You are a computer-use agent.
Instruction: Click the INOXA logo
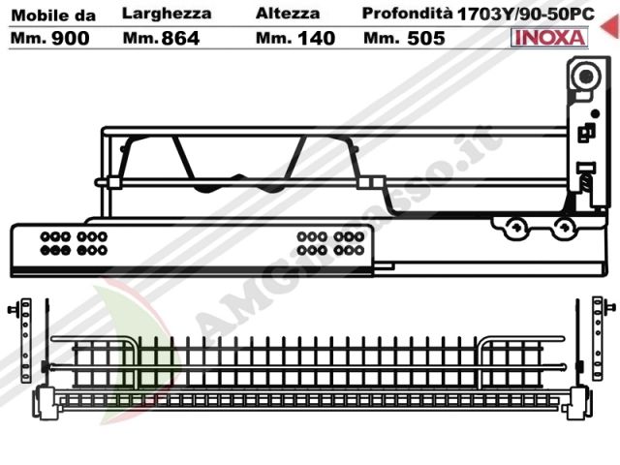coord(549,38)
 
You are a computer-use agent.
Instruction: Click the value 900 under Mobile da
coord(71,38)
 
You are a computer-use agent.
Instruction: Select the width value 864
coord(180,38)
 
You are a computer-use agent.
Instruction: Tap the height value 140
coord(317,38)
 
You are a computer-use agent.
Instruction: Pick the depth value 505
coord(426,38)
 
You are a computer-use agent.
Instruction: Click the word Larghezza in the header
coord(167,14)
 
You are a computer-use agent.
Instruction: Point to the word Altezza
coord(288,14)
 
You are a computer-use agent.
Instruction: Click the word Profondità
coord(407,14)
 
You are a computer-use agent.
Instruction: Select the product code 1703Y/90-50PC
coord(525,15)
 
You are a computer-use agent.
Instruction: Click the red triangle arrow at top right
coord(610,26)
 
